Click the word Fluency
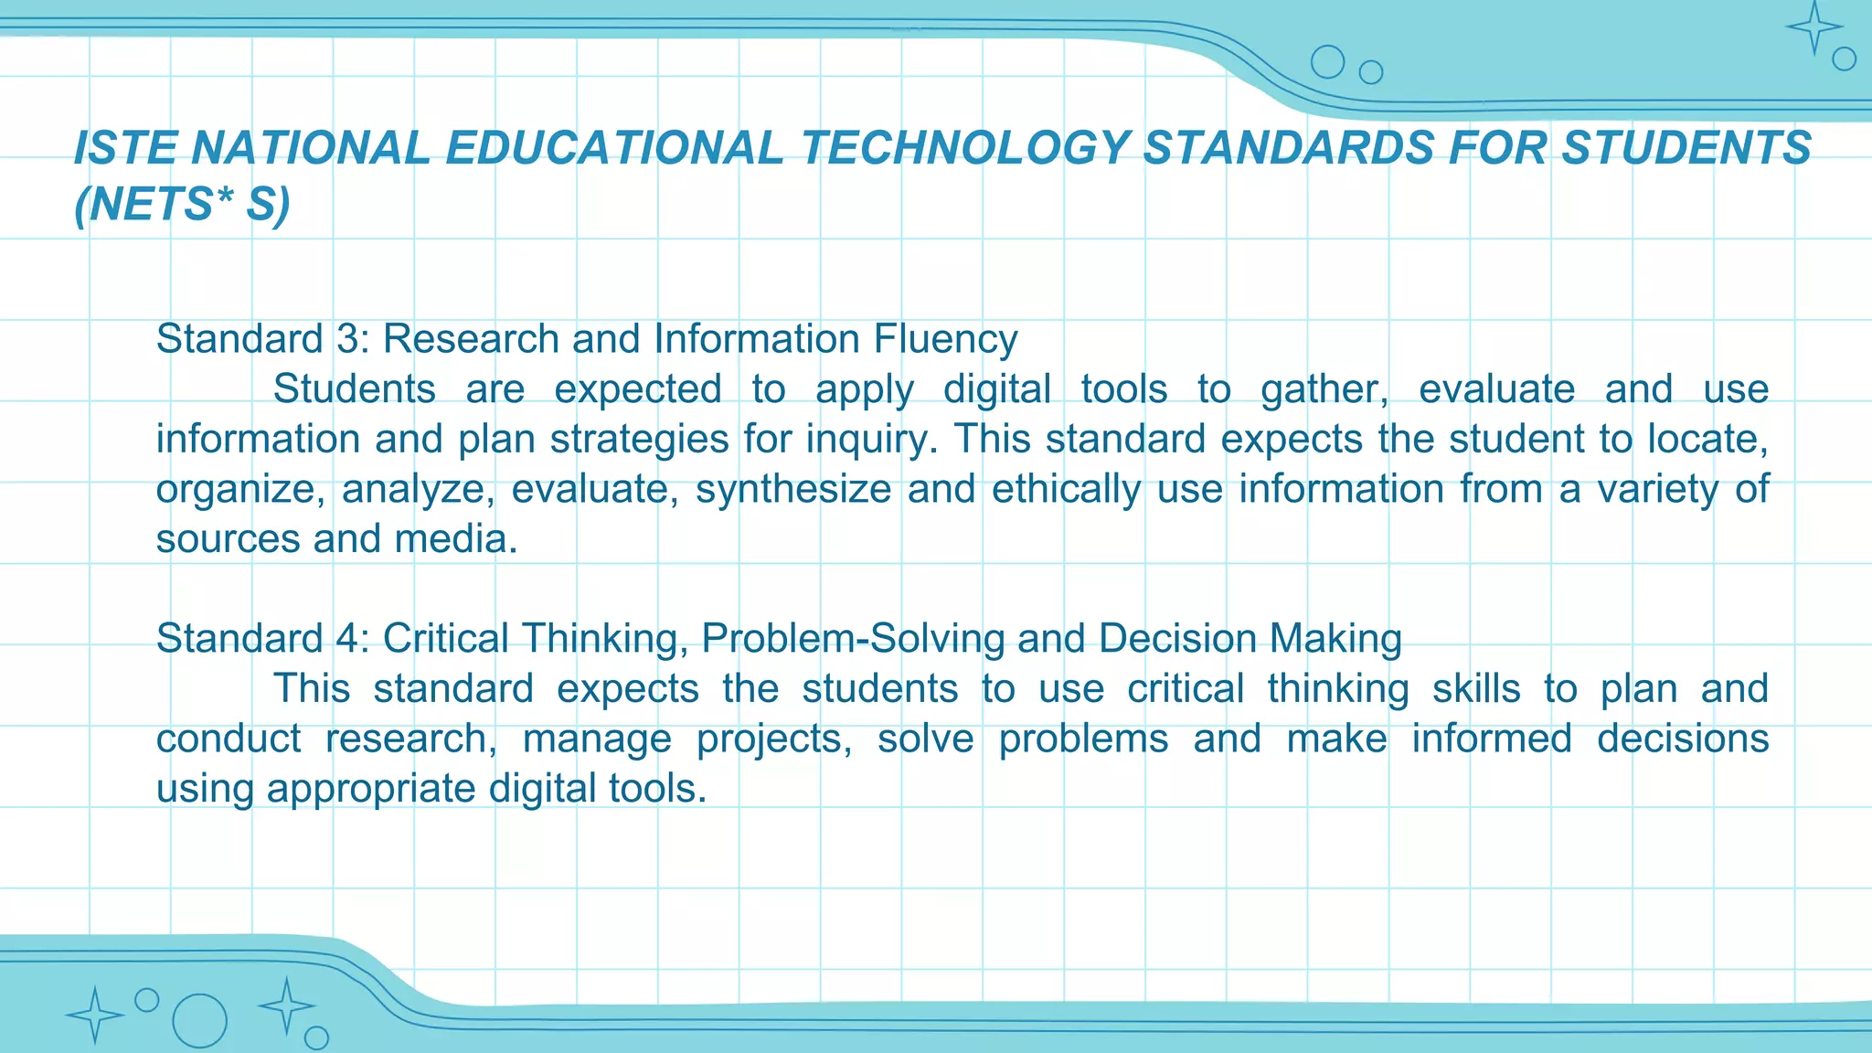[945, 339]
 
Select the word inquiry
[871, 440]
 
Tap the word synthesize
[792, 489]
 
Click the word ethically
[1066, 489]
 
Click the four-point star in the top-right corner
[1814, 27]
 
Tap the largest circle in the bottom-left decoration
[199, 1021]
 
